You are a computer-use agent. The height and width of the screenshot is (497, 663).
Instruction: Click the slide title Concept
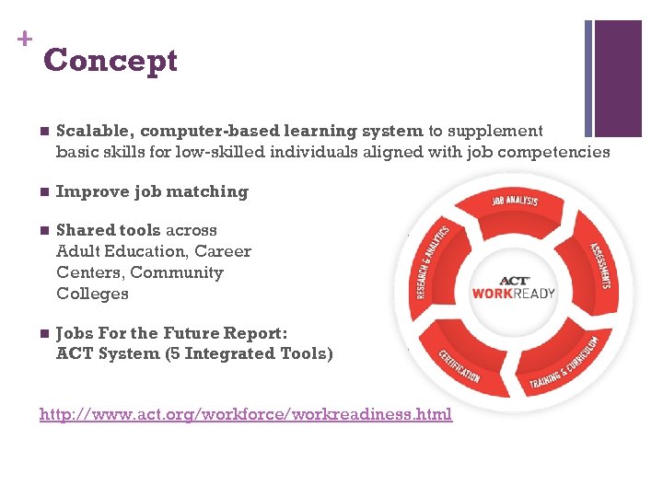coord(110,61)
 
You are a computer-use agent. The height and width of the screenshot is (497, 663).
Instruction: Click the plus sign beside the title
coord(23,39)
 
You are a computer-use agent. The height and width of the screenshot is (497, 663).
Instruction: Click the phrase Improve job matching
coord(152,191)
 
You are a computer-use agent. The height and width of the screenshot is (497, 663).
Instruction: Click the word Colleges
coord(92,294)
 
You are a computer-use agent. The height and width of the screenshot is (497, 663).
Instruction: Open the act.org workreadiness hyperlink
coord(246,414)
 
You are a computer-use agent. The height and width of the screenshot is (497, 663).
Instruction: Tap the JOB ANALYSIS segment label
coord(515,200)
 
